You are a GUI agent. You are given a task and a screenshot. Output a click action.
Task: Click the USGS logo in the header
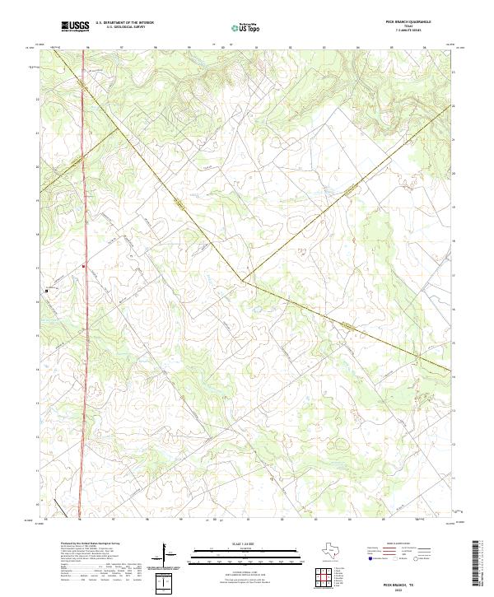pos(76,26)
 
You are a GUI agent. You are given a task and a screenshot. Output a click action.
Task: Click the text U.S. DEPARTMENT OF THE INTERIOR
pos(124,23)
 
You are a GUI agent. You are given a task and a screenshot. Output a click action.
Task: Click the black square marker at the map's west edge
pos(47,290)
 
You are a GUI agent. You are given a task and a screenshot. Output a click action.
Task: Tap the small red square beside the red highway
pos(84,265)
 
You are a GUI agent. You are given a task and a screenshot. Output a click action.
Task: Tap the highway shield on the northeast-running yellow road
pos(352,191)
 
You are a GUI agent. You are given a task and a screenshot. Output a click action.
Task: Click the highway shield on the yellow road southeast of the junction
pos(352,326)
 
